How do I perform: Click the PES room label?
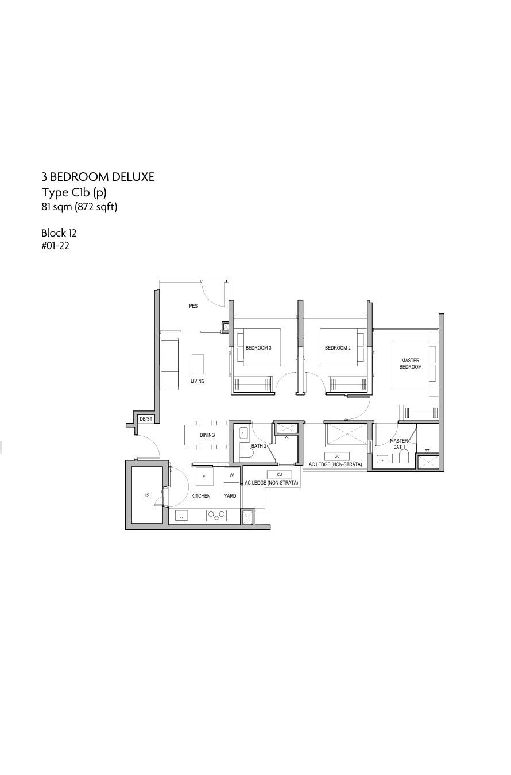point(193,306)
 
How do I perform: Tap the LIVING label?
point(198,381)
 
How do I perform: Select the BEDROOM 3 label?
point(258,348)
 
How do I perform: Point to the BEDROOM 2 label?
point(338,348)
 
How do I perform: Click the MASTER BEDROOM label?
point(411,363)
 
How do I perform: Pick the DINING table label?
point(207,435)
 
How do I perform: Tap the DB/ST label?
point(146,419)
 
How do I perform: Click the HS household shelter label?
point(146,495)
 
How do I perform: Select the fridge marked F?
point(204,476)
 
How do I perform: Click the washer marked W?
point(231,475)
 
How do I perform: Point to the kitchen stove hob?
point(216,516)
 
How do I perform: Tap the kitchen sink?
point(181,515)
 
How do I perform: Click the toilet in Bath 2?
point(246,453)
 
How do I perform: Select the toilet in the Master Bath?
point(404,456)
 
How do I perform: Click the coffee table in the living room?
point(198,363)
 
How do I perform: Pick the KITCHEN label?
point(200,496)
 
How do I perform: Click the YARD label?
point(230,496)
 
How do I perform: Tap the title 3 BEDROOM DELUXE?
point(98,177)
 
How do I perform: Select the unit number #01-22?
point(55,246)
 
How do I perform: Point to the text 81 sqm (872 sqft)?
point(80,207)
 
